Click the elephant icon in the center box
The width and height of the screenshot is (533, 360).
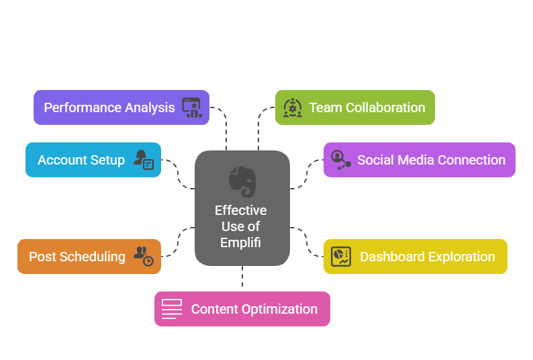point(242,182)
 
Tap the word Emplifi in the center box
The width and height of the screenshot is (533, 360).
point(241,243)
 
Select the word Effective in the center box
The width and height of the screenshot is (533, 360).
point(241,210)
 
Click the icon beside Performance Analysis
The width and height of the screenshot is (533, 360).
point(192,107)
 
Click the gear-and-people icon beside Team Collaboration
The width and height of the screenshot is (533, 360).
point(292,107)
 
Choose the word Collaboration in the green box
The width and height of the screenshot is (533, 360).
point(385,107)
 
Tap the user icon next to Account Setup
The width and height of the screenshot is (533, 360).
point(144,160)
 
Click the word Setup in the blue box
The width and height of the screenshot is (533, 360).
point(108,161)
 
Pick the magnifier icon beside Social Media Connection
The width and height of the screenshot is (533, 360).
point(340,160)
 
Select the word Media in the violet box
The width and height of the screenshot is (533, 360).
point(416,160)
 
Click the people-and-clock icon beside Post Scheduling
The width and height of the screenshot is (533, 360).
point(144,256)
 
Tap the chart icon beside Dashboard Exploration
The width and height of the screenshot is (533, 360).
point(341,257)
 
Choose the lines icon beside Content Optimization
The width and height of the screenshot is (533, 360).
point(172,309)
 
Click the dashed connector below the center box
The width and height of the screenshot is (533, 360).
point(242,276)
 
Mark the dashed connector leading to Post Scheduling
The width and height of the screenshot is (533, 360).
point(178,242)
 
